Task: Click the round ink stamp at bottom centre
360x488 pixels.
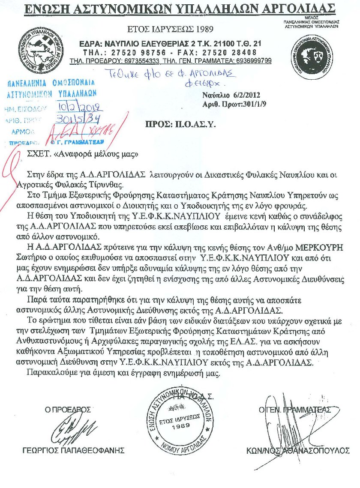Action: coord(180,419)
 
